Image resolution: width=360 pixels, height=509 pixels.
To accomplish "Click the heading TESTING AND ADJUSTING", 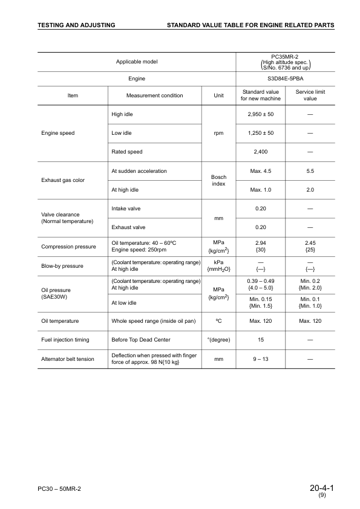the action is [76, 25].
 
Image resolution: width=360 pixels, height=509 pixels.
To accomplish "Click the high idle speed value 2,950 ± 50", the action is [261, 114].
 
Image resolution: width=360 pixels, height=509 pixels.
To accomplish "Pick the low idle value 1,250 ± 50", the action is [261, 133].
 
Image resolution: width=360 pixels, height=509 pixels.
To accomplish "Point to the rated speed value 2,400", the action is [261, 152].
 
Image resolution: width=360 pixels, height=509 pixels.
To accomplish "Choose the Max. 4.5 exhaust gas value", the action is [261, 171].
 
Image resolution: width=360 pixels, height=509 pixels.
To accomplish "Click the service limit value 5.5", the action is [310, 171].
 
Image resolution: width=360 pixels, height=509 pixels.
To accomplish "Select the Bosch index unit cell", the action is [218, 180].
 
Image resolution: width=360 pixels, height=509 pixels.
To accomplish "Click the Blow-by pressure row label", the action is [63, 265].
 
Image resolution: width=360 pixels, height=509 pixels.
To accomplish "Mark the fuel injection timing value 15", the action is [261, 340].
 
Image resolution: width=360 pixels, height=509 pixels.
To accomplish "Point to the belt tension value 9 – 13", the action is [261, 358].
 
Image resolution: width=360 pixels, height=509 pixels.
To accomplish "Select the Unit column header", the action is [218, 95].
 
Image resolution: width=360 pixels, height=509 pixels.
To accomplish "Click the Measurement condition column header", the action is [154, 95].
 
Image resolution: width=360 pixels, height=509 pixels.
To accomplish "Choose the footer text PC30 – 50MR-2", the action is [59, 488].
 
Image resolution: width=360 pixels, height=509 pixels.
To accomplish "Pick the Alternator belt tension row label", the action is [68, 359].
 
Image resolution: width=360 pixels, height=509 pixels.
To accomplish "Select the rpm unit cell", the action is [218, 133].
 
